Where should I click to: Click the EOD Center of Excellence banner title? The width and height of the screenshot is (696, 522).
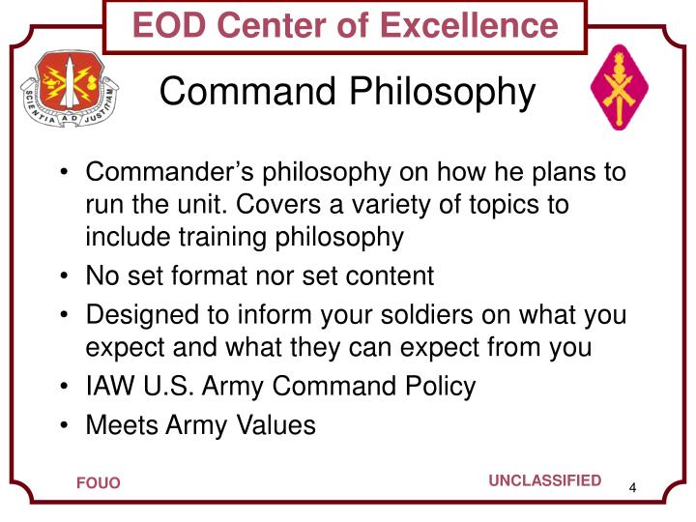click(x=345, y=25)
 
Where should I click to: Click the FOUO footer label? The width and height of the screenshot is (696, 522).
click(x=99, y=483)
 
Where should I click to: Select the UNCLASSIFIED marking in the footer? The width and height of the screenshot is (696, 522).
click(x=544, y=481)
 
